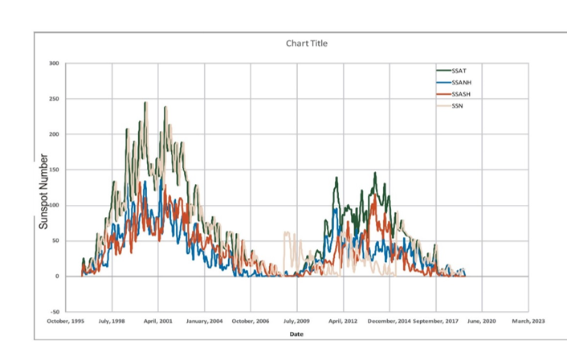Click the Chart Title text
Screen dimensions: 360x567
[307, 43]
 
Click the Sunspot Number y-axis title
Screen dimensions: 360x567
[46, 191]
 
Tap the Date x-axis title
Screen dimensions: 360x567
[297, 333]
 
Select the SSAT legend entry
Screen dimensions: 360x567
[459, 71]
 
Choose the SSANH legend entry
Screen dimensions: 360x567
[463, 82]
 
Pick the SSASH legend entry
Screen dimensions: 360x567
[463, 94]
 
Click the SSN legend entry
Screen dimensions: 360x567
[459, 105]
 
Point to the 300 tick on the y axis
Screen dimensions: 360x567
[55, 63]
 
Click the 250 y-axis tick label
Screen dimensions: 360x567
[55, 99]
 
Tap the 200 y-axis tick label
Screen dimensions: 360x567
[55, 134]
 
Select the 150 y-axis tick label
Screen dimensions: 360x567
[55, 170]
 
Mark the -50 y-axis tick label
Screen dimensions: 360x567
[55, 312]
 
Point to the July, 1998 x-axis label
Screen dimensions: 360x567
[112, 321]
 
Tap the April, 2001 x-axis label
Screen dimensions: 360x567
[158, 321]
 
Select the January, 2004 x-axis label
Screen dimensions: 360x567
[204, 321]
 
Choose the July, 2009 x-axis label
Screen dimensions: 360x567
[297, 321]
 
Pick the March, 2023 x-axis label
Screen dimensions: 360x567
[528, 321]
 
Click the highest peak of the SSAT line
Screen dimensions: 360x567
[145, 103]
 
